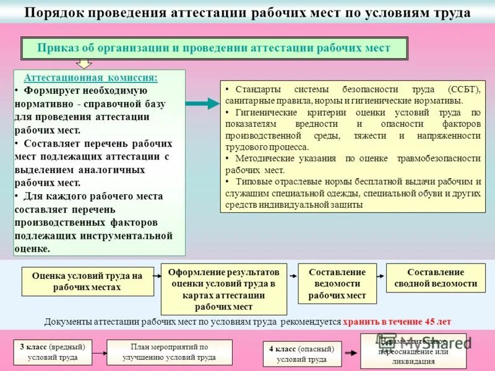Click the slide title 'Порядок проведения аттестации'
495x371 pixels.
(x=247, y=13)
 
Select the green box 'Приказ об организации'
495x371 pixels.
(x=214, y=48)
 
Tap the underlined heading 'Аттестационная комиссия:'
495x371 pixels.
(x=90, y=78)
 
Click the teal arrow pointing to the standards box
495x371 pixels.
(x=202, y=104)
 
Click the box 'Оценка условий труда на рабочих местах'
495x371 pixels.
(x=87, y=281)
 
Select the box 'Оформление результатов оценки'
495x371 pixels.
(x=224, y=289)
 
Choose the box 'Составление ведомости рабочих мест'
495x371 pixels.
(x=337, y=284)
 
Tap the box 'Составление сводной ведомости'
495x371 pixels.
(x=436, y=278)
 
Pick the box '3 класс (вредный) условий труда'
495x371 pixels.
(x=53, y=352)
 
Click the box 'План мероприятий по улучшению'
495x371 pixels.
(x=169, y=352)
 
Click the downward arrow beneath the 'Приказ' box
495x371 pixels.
(x=84, y=63)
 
